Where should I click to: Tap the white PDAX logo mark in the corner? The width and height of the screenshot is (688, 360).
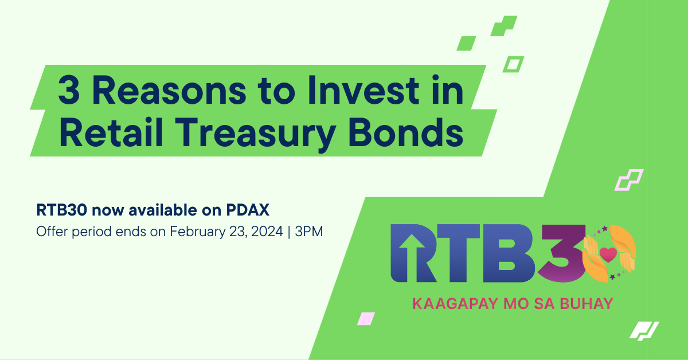(644, 331)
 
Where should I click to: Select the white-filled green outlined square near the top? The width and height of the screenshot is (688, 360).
(513, 64)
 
